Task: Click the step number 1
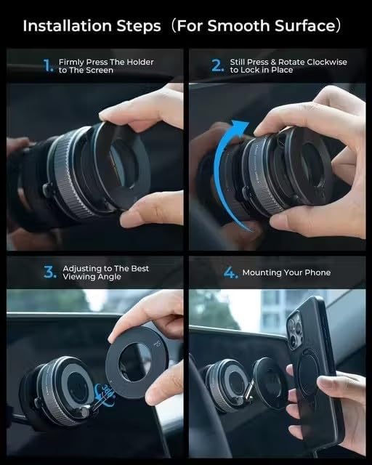click(48, 66)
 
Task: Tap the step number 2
click(217, 66)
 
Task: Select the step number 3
click(49, 272)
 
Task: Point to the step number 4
click(230, 272)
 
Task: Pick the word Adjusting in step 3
click(84, 268)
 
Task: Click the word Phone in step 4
click(316, 272)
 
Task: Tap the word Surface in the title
click(310, 26)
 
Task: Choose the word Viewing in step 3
click(80, 277)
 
